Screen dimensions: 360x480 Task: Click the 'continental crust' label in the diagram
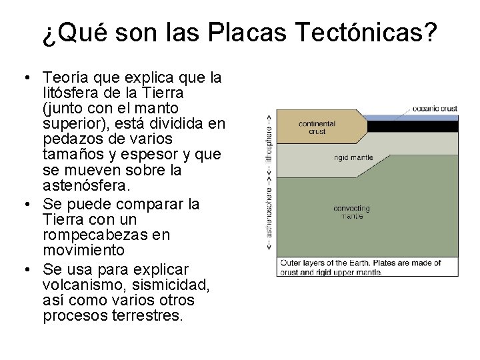[317, 127]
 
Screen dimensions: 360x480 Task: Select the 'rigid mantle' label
[354, 159]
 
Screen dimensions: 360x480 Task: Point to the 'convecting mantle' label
[351, 213]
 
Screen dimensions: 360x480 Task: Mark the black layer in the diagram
[413, 126]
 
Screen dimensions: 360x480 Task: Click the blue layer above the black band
[413, 117]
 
